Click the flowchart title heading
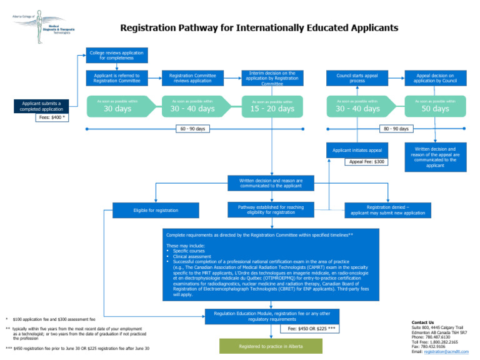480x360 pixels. tap(259, 28)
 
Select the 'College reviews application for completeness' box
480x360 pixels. tap(116, 55)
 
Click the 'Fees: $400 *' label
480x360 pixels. tap(52, 117)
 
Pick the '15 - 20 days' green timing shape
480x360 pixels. tap(272, 106)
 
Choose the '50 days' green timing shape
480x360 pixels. tap(435, 106)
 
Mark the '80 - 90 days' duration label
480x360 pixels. tap(396, 129)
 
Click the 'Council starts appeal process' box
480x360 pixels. tap(357, 77)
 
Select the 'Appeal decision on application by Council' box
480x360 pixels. tap(435, 77)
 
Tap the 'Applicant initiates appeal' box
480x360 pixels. tap(357, 151)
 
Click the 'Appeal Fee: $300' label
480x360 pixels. tap(367, 162)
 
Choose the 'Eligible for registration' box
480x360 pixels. tap(156, 210)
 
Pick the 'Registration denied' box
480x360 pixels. tap(388, 210)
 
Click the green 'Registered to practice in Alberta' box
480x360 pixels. tap(271, 346)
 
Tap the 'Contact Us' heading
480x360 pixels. tap(422, 322)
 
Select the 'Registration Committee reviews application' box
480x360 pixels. tap(193, 77)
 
